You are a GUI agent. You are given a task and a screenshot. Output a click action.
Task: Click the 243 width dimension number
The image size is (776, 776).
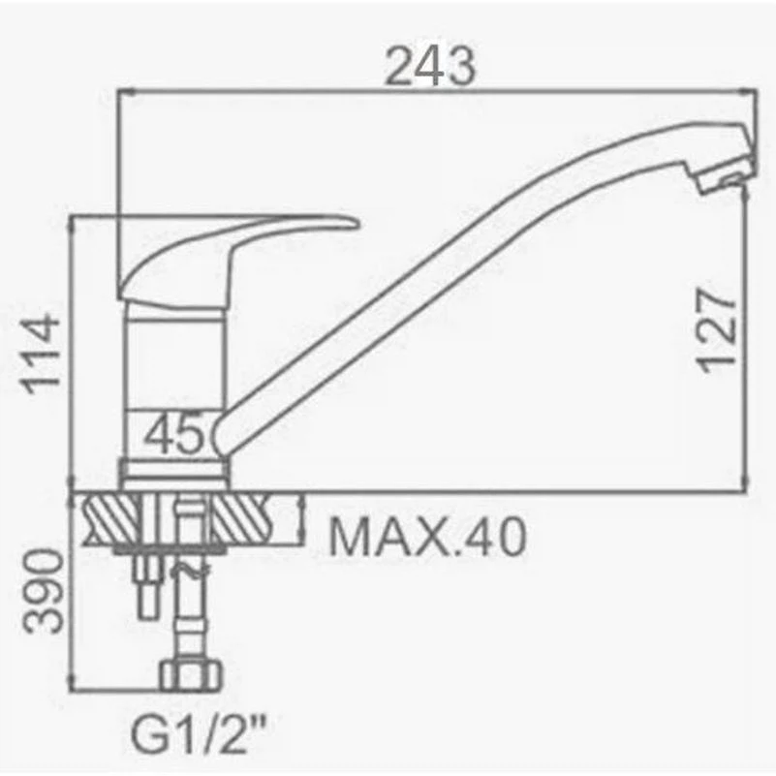[x=429, y=66]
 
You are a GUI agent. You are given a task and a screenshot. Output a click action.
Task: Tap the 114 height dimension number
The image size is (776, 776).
[x=42, y=355]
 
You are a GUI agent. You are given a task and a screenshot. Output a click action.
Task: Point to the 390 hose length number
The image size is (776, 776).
[x=45, y=591]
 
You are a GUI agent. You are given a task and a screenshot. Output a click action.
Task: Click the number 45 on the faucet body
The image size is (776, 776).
[x=174, y=433]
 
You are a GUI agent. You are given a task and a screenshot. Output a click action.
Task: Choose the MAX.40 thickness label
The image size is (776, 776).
[x=426, y=536]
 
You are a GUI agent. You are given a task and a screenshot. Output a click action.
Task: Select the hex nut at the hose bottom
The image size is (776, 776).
[x=191, y=675]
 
